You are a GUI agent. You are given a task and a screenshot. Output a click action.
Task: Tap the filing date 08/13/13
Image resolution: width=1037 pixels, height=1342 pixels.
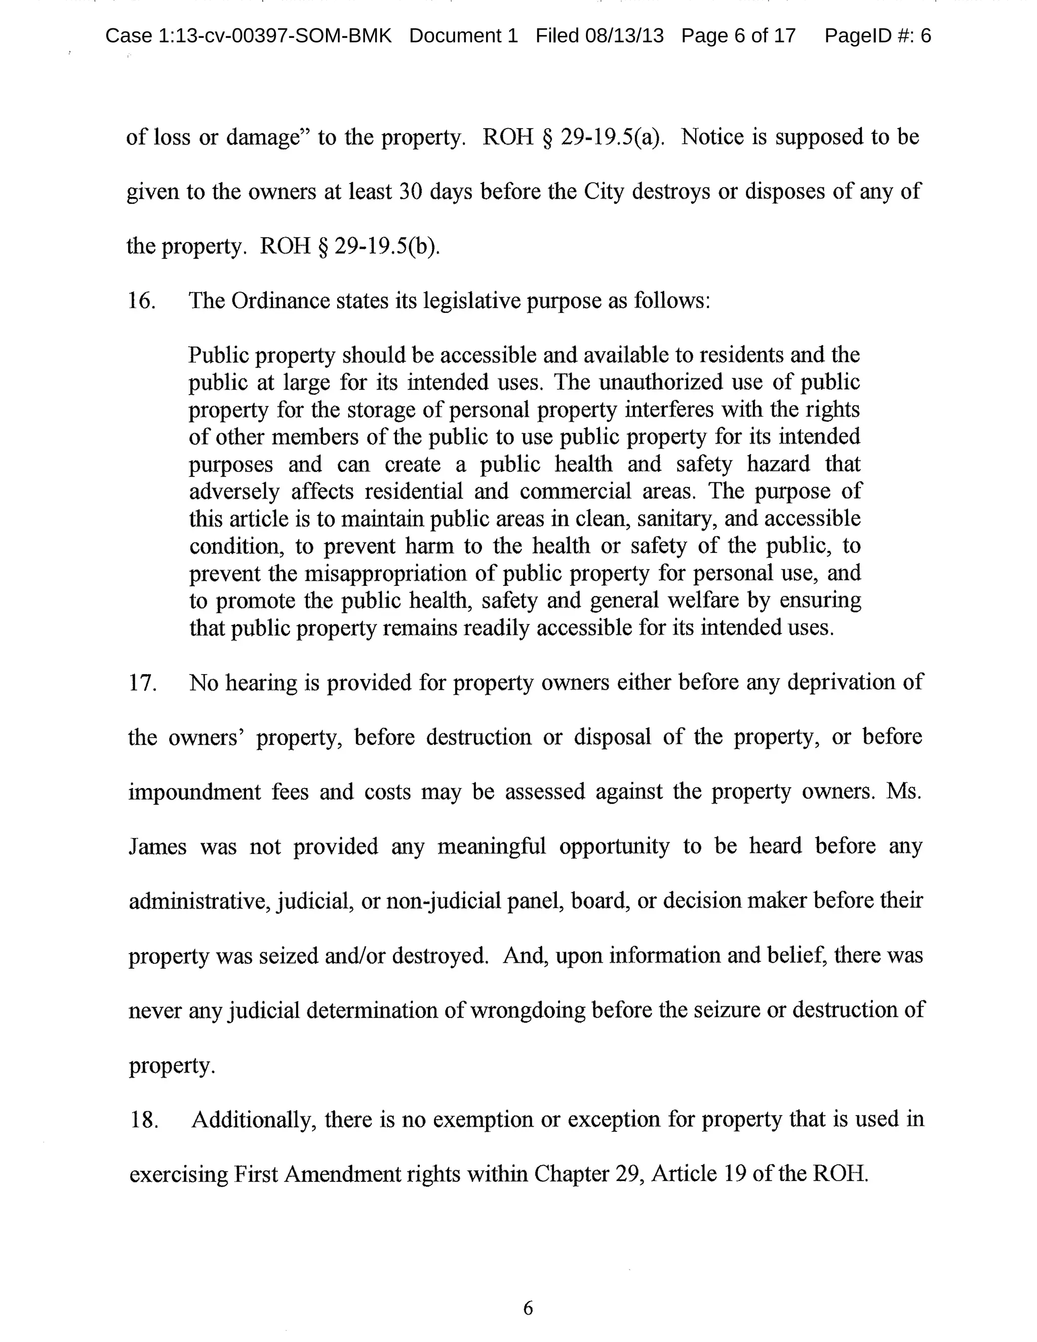pos(624,36)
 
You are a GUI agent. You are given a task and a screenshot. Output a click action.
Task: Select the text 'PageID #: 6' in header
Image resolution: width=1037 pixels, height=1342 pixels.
pos(878,36)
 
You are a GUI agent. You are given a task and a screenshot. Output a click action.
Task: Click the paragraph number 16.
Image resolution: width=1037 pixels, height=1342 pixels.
pos(141,301)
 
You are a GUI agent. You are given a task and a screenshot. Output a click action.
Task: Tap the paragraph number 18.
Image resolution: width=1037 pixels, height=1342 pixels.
pos(144,1120)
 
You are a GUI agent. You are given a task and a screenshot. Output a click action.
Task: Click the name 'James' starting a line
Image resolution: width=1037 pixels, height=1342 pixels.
pos(157,847)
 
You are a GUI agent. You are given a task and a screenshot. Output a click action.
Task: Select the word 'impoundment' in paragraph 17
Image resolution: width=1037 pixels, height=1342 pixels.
pos(195,792)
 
